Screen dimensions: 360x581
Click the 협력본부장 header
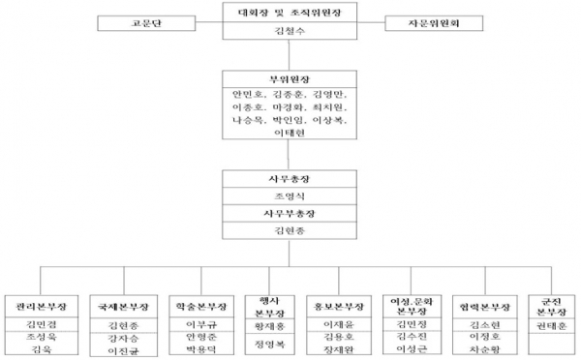(x=481, y=305)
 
